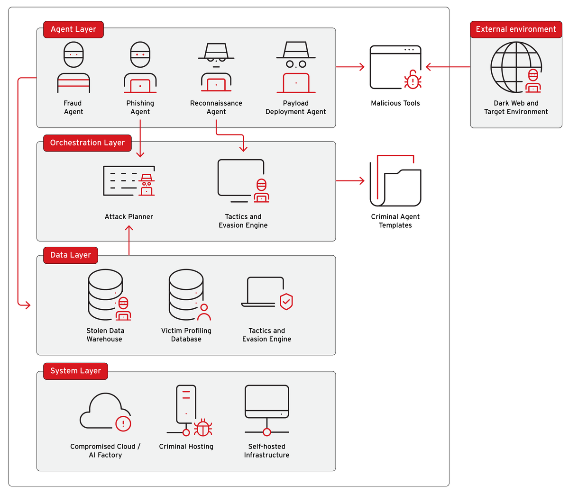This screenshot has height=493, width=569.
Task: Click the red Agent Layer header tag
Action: click(73, 29)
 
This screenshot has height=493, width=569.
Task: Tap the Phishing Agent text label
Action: click(140, 108)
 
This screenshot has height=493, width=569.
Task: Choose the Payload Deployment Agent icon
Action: click(296, 67)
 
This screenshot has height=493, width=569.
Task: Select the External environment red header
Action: click(516, 29)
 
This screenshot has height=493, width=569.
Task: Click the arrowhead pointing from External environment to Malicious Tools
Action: click(429, 67)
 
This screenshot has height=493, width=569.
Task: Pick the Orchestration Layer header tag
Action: click(87, 143)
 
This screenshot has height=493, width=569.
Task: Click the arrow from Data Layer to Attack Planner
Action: click(129, 229)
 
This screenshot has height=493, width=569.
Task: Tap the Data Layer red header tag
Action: click(71, 255)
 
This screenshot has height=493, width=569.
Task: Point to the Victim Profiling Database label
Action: click(186, 335)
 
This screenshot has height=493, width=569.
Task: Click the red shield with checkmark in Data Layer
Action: click(286, 301)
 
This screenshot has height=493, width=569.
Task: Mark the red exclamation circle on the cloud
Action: click(123, 423)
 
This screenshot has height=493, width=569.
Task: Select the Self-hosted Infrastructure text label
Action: click(266, 451)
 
